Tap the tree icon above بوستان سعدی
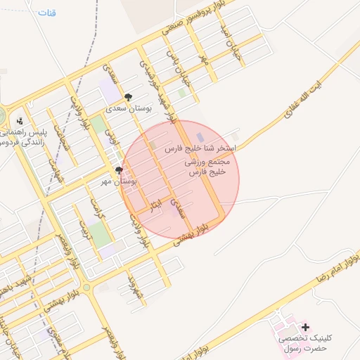127,97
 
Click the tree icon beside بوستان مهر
119,170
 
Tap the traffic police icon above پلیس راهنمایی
20,120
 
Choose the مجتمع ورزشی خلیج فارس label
208,167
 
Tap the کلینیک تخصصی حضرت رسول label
305,343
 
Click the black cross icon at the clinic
305,327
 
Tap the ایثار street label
155,205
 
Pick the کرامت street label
96,207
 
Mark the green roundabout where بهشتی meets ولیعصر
86,288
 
